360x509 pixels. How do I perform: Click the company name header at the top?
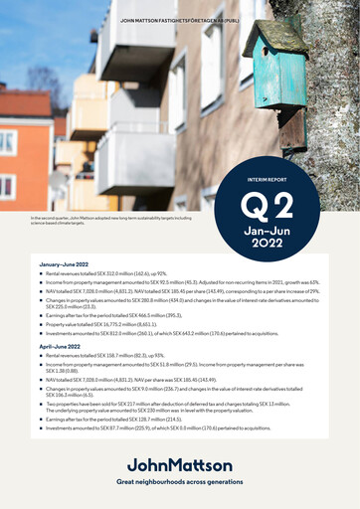(180, 20)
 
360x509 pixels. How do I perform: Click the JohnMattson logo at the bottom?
(179, 465)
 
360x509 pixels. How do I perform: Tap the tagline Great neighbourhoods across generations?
(179, 481)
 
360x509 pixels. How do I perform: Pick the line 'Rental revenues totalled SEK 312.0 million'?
(104, 272)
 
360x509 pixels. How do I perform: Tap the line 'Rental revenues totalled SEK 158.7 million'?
(103, 353)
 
